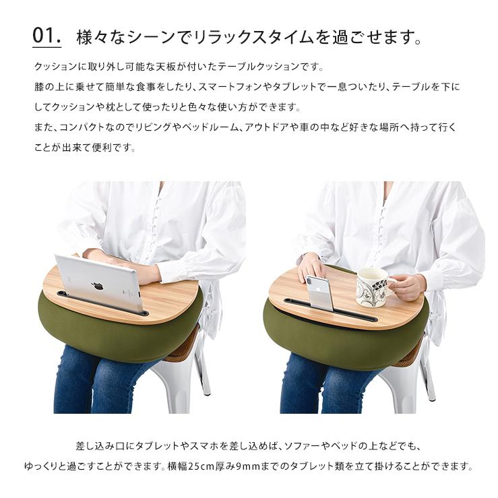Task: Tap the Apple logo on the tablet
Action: [98, 285]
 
